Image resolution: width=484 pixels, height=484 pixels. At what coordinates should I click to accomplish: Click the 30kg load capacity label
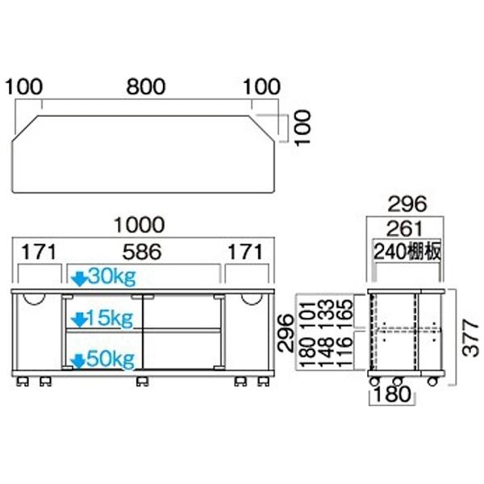point(111,277)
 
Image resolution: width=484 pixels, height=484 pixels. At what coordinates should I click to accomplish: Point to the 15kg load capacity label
point(111,318)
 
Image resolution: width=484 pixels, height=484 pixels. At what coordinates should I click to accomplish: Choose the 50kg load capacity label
point(111,358)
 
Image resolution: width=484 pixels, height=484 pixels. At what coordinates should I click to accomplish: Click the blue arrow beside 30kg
point(79,278)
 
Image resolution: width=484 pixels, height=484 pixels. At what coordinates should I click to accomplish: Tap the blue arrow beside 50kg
point(79,359)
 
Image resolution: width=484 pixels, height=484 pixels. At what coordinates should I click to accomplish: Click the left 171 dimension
point(38,252)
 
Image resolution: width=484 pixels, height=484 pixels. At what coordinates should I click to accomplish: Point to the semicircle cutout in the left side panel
point(34,298)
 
